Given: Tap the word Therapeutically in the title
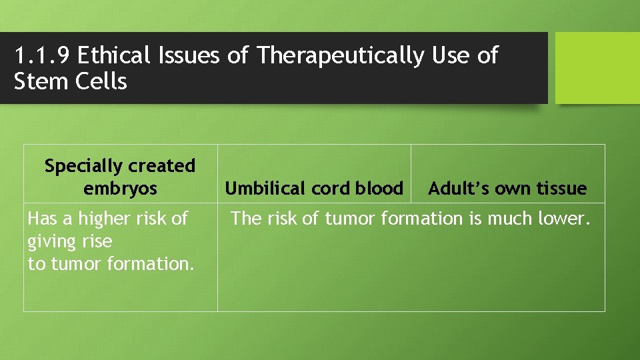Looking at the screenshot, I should click(339, 56).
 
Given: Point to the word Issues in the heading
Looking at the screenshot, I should click(189, 56).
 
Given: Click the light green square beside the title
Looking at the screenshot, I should click(597, 68).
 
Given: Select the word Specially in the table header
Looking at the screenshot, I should click(83, 165).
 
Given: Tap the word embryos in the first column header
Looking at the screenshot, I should click(120, 188).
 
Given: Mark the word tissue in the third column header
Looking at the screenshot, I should click(561, 189).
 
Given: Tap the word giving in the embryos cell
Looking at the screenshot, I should click(49, 241).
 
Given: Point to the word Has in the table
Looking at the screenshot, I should click(41, 219).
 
